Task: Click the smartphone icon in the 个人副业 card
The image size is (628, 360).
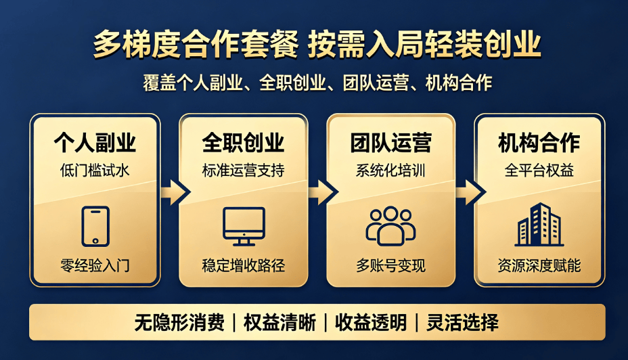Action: [x=95, y=226]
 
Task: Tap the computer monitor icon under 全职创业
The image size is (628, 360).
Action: [x=244, y=226]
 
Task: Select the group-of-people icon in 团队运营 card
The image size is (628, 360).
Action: [x=390, y=226]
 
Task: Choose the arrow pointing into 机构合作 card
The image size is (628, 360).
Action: [x=470, y=192]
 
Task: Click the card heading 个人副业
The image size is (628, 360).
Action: [x=95, y=143]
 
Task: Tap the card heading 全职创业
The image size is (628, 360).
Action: [x=244, y=143]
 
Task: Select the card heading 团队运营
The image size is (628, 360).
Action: [x=391, y=143]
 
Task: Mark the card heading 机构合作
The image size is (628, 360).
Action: [x=539, y=143]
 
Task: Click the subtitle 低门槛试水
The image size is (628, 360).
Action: [x=95, y=171]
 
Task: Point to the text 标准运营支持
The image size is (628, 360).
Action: [x=244, y=171]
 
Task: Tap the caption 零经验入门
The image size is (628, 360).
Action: [x=95, y=265]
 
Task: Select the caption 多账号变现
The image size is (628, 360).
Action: [x=391, y=265]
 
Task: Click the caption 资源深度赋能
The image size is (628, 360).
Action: [x=539, y=265]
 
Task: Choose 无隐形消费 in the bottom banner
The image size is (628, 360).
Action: [x=179, y=322]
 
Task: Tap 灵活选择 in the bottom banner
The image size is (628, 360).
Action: [x=463, y=322]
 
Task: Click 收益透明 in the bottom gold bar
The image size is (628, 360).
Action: [x=371, y=322]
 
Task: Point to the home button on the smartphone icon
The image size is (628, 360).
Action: [x=95, y=241]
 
